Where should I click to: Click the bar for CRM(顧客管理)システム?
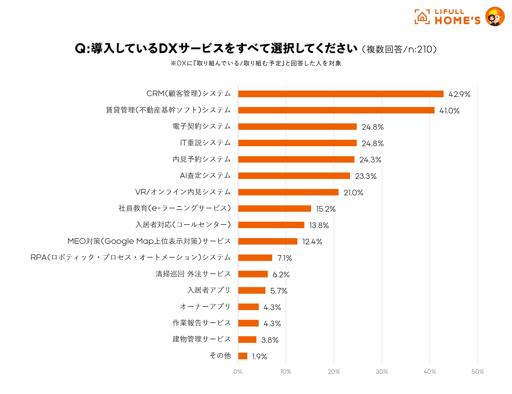click(x=341, y=94)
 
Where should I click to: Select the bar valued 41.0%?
click(x=336, y=110)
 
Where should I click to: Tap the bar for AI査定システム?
click(x=294, y=176)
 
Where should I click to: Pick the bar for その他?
click(x=243, y=356)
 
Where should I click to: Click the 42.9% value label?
click(x=459, y=94)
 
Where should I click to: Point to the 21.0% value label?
click(x=353, y=193)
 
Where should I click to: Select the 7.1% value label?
click(x=284, y=258)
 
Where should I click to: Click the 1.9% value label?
click(x=259, y=357)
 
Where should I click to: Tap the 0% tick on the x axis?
click(x=238, y=372)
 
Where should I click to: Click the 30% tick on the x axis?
click(x=382, y=372)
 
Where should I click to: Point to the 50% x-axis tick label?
click(x=478, y=372)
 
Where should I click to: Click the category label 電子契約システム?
click(x=201, y=126)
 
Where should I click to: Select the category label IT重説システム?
click(x=205, y=143)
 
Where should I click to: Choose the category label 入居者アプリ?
click(x=209, y=290)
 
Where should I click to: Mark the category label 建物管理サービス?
click(x=201, y=339)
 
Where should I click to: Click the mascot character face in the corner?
click(x=495, y=17)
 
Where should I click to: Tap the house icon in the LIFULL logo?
click(x=422, y=17)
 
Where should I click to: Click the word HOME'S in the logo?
click(x=458, y=21)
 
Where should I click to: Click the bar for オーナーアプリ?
click(x=248, y=307)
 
